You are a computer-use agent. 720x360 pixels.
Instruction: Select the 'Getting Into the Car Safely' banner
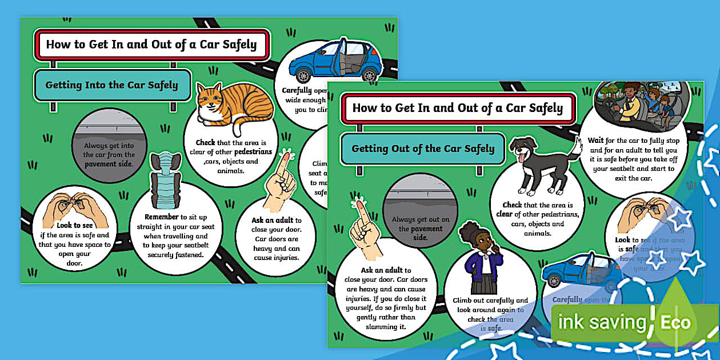coord(112,86)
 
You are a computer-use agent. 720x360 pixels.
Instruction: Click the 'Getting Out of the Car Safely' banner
coord(423,149)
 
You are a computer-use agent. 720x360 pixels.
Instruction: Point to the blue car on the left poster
coord(335,62)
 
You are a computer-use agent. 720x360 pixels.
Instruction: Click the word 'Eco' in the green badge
coord(675,322)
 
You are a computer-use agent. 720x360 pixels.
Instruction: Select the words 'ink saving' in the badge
coord(602,322)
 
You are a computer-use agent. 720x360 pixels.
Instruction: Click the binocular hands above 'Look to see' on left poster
coord(75,208)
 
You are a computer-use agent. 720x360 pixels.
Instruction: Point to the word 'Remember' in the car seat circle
coord(162,217)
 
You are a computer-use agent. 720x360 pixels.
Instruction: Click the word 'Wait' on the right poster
coord(596,140)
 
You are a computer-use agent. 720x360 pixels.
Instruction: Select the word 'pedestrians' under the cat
coord(245,152)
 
